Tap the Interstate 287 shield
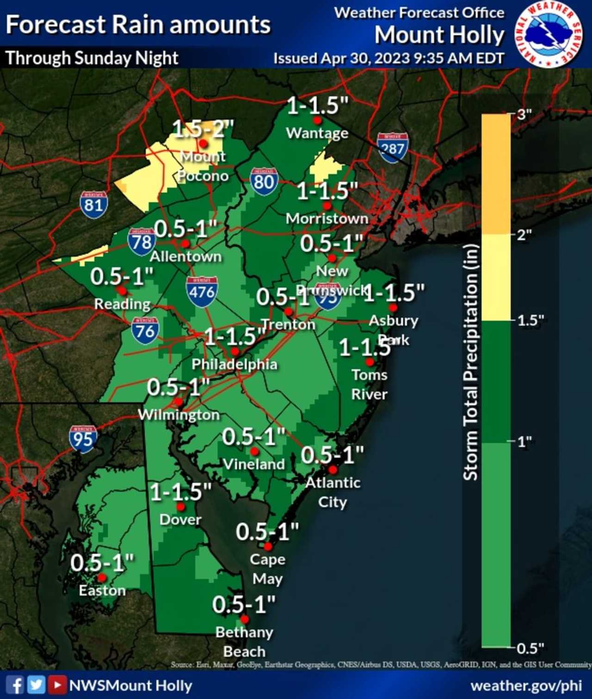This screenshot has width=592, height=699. (392, 148)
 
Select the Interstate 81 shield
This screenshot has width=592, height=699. (93, 204)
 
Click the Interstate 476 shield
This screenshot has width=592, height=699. (202, 291)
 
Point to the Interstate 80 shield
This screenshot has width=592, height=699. (264, 181)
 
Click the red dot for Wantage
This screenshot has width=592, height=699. (317, 120)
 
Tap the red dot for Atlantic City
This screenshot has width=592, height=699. (333, 470)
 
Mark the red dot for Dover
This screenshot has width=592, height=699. (181, 507)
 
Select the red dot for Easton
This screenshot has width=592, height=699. (102, 578)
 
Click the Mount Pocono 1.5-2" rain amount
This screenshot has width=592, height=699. (203, 129)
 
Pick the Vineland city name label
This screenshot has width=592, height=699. (254, 464)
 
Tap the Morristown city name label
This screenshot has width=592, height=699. (327, 218)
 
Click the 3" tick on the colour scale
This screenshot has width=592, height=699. (524, 114)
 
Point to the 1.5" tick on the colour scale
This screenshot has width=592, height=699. (530, 320)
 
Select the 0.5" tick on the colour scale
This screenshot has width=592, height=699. (530, 648)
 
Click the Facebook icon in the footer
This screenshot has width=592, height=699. (15, 685)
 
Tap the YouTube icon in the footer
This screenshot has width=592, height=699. (57, 685)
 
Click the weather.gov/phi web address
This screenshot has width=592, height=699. (526, 686)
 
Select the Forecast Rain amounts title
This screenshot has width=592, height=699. (138, 25)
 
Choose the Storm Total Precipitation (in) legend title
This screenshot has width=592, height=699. (470, 362)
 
